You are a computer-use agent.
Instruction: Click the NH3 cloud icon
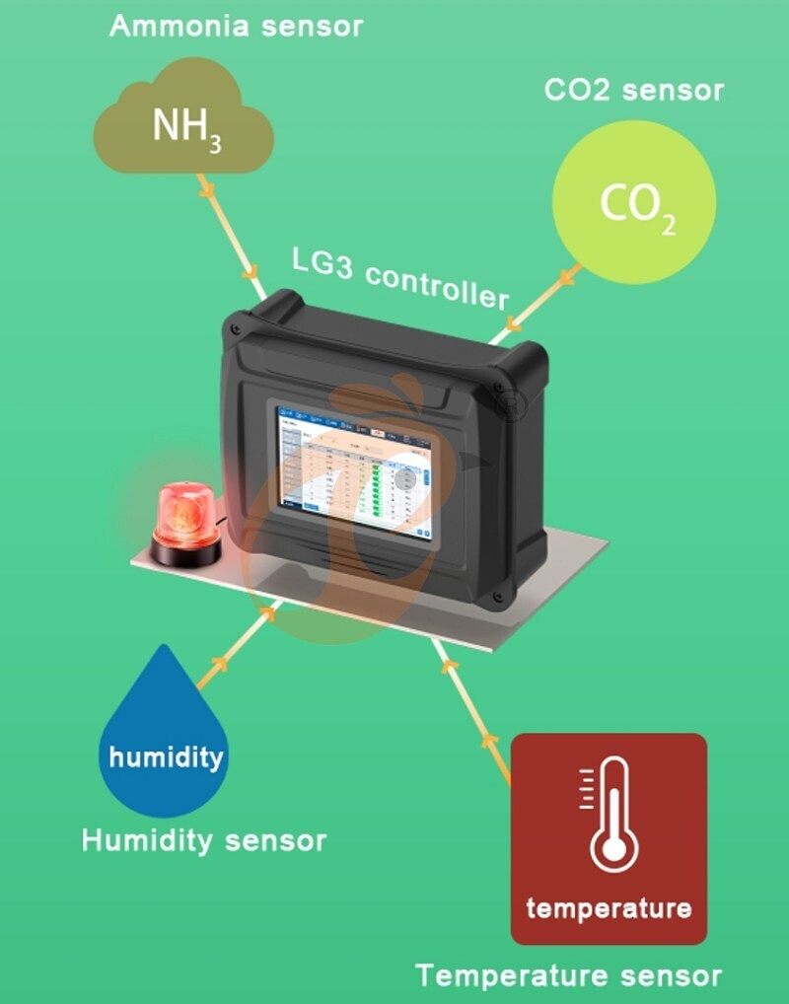(183, 123)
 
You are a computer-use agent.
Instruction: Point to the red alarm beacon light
(183, 513)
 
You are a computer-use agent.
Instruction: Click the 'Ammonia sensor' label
(236, 26)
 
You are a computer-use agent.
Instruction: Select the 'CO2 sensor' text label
(634, 91)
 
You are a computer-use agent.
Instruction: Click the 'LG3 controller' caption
(400, 277)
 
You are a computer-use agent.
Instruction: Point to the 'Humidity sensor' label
(203, 841)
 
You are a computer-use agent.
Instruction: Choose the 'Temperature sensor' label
(568, 976)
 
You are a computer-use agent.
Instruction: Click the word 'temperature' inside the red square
(609, 907)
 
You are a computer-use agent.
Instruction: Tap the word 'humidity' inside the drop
(166, 757)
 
